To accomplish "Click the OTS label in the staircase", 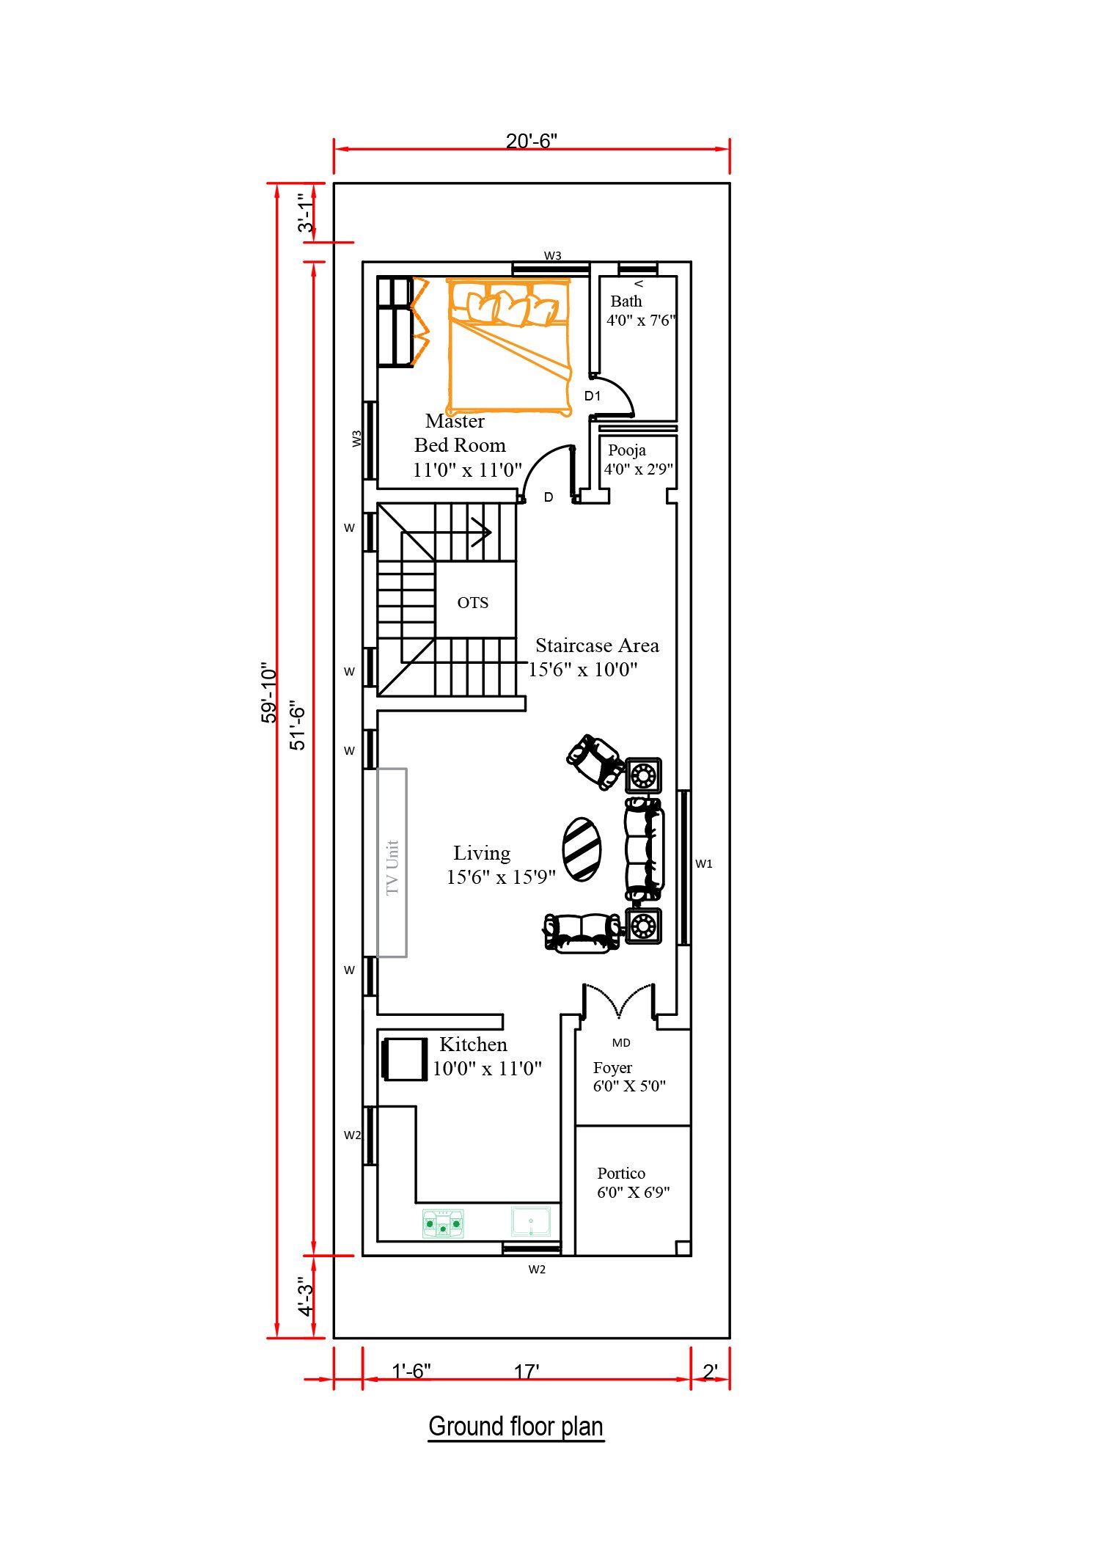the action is click(472, 603).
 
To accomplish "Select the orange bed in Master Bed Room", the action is click(509, 347).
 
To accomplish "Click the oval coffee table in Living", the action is click(582, 849).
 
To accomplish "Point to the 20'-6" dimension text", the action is click(532, 141).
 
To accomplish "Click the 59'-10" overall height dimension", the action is click(269, 692).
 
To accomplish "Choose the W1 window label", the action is click(704, 864).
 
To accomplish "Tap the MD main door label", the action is click(621, 1043).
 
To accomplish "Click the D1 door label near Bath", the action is click(593, 396).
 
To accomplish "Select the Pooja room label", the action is click(627, 450).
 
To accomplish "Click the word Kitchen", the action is click(473, 1044).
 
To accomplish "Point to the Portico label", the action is click(621, 1174).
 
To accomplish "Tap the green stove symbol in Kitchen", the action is click(443, 1223).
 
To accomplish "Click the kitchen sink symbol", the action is click(531, 1222).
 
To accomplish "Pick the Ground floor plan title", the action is click(516, 1427).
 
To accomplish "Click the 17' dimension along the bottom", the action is click(527, 1371).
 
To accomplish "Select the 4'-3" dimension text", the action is click(305, 1296).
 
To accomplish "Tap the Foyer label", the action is click(612, 1068).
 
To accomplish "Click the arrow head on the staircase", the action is click(483, 532).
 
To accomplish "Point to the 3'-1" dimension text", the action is click(305, 213).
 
